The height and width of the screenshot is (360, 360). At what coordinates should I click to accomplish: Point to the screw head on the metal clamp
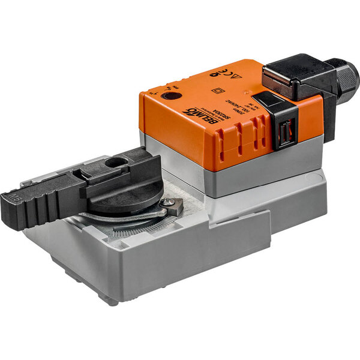[x=173, y=205]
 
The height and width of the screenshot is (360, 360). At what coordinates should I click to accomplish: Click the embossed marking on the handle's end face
[x=14, y=197]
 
